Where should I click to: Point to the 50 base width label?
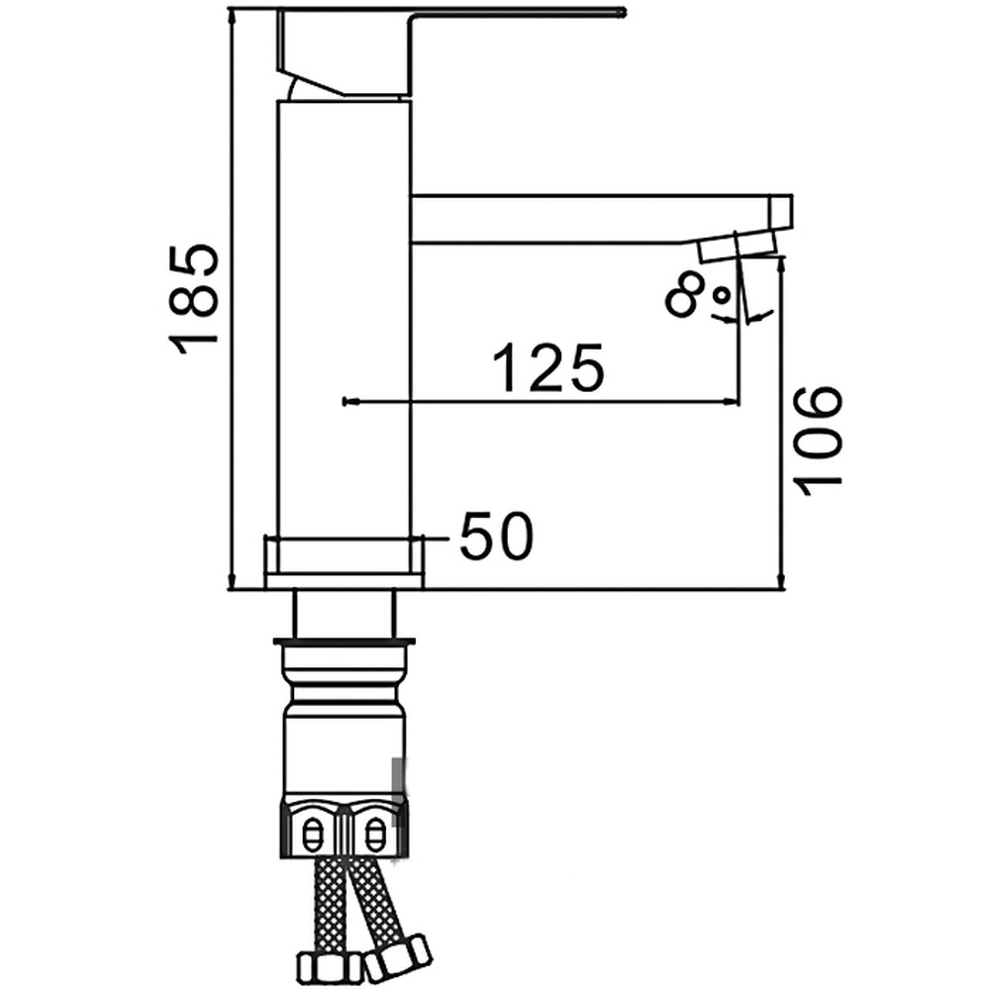[x=497, y=536]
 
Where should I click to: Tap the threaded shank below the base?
[x=345, y=615]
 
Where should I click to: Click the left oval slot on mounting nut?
[x=313, y=836]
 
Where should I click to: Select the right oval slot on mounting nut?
[x=375, y=836]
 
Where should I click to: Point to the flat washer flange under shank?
[x=345, y=643]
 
